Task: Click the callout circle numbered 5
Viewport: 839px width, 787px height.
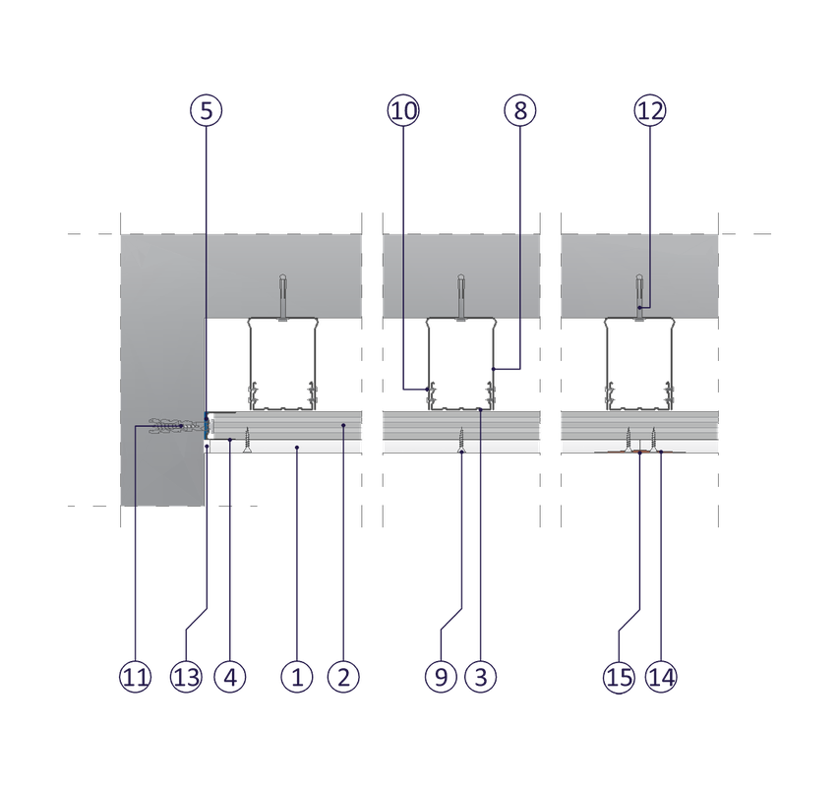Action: click(206, 110)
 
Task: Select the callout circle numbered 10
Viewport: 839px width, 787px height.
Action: click(402, 110)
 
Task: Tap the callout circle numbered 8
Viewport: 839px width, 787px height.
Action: click(520, 110)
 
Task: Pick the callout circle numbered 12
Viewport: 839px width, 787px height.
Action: click(649, 110)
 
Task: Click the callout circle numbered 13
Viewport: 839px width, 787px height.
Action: click(186, 676)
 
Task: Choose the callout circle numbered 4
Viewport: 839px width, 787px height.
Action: click(233, 676)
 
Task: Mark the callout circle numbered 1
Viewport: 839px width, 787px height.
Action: click(296, 676)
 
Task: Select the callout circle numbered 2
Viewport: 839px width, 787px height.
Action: click(344, 676)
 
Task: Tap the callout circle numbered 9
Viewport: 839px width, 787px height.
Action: click(442, 676)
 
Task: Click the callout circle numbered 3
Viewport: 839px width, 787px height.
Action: click(480, 676)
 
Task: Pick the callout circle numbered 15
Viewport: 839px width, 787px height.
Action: click(618, 676)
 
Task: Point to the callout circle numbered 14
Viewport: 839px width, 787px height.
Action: click(662, 676)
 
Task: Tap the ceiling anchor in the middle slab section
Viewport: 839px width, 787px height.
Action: click(461, 297)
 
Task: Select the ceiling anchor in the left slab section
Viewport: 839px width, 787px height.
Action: click(282, 297)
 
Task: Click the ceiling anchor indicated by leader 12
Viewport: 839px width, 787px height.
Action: click(639, 297)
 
